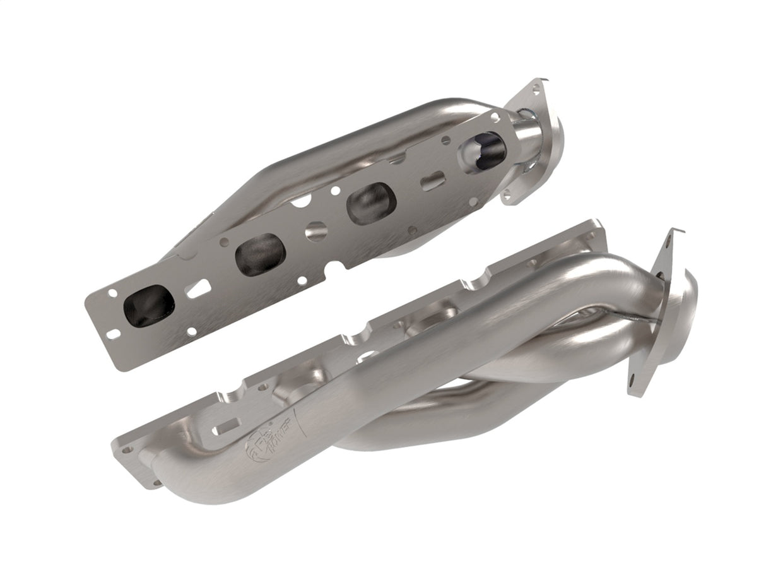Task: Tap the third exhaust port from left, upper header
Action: (370, 203)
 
